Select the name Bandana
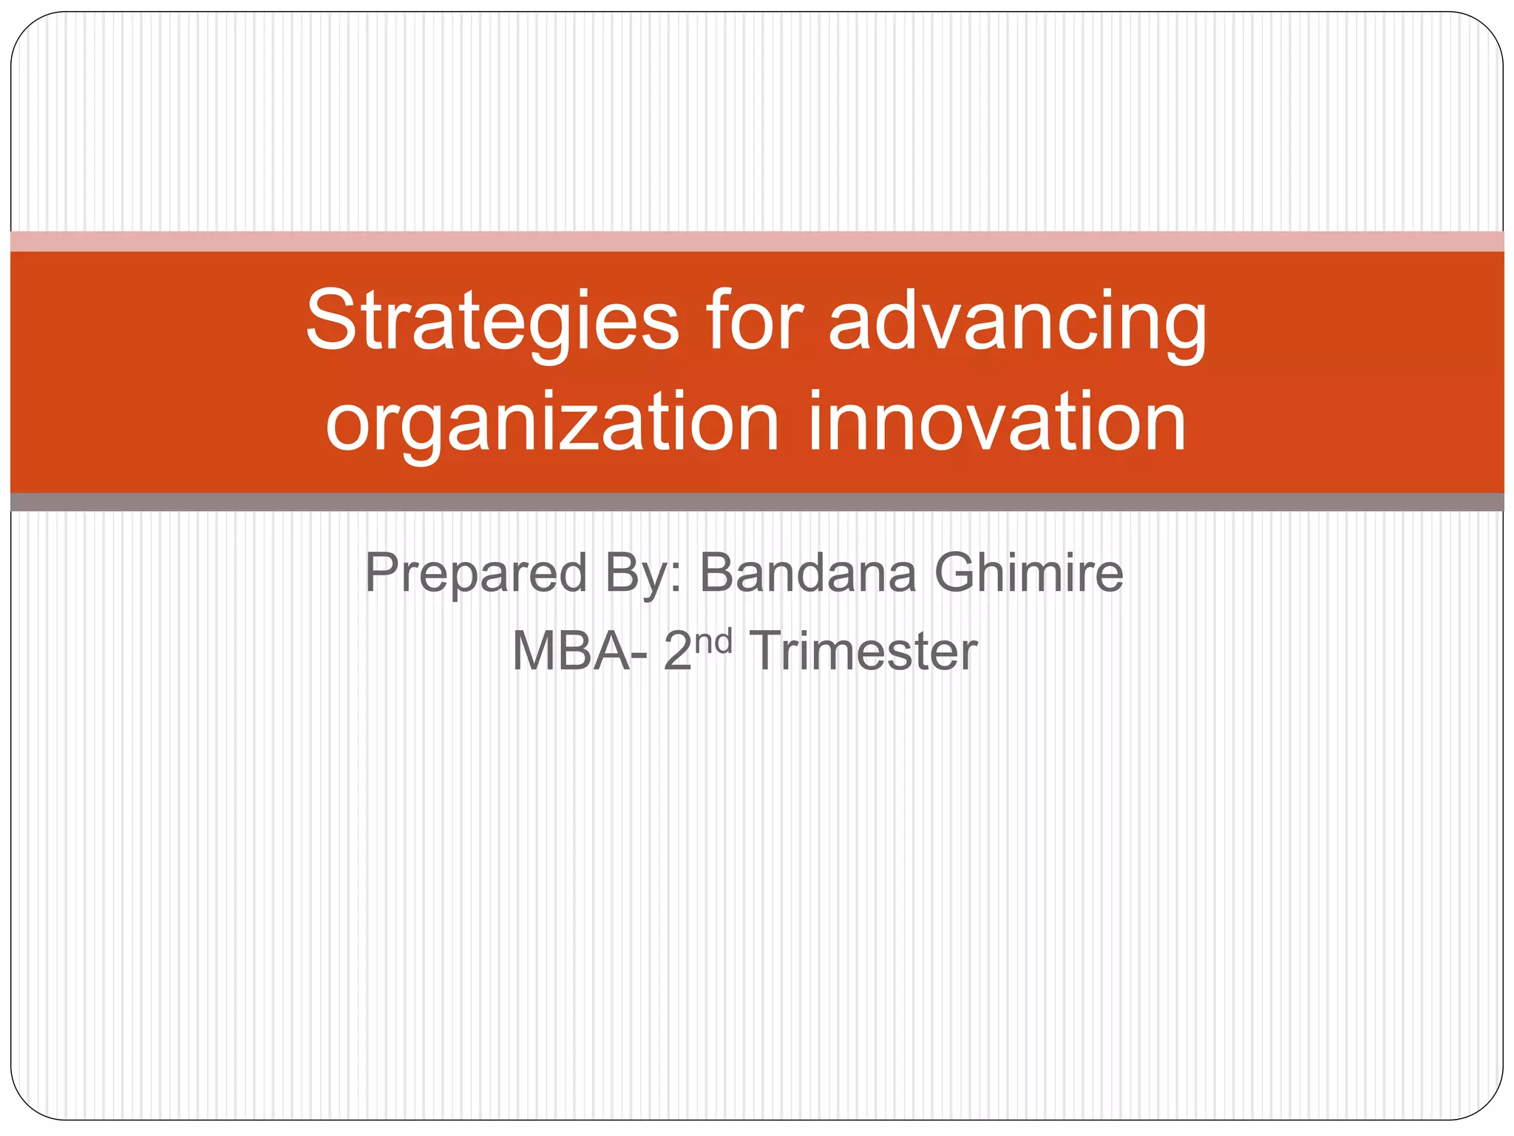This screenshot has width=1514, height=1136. [808, 573]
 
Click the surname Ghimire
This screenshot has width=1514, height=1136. [1028, 573]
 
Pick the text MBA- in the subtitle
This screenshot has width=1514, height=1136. [580, 652]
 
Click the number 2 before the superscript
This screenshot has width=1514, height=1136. [677, 652]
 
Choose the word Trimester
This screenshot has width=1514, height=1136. [863, 652]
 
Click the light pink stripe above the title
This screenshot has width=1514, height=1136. [757, 241]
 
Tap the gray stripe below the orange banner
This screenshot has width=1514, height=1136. [757, 502]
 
